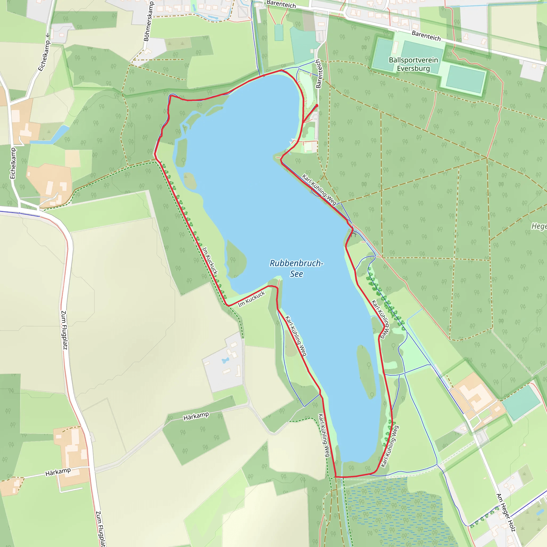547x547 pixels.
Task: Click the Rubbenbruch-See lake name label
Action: (296, 268)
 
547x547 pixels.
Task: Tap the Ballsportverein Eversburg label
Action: (413, 64)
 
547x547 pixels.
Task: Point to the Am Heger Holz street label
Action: (506, 513)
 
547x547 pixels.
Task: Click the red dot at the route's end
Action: (317, 106)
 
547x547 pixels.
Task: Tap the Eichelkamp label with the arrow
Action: (44, 54)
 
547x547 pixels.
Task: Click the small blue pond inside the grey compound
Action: (225, 360)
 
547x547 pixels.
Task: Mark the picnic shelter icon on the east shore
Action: (354, 234)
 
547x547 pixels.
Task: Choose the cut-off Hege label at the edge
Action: (539, 226)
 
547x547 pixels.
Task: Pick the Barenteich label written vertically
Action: (319, 74)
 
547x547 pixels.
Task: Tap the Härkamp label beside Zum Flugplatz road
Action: (58, 472)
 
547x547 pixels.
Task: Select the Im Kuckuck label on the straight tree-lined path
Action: (210, 261)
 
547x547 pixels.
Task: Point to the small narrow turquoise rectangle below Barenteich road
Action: (279, 33)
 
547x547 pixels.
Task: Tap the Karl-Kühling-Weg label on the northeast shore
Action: (319, 189)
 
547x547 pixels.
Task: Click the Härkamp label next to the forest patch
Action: (196, 416)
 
